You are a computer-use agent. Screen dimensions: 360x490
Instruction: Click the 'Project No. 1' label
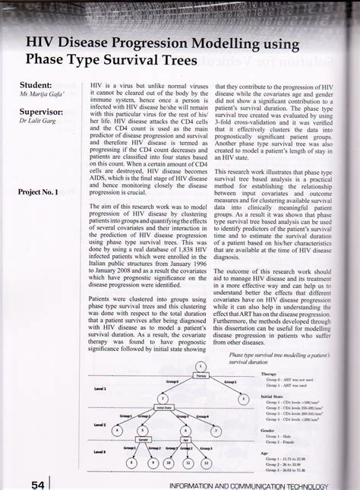pyautogui.click(x=38, y=193)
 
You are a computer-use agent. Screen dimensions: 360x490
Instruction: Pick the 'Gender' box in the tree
pyautogui.click(x=144, y=439)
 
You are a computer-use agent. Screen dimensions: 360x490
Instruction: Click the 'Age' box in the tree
pyautogui.click(x=186, y=439)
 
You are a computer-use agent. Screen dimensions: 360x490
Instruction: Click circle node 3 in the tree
pyautogui.click(x=243, y=398)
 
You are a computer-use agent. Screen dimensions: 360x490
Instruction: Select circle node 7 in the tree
pyautogui.click(x=215, y=430)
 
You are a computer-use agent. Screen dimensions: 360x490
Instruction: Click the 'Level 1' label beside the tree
pyautogui.click(x=100, y=387)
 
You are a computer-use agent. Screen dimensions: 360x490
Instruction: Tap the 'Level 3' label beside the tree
pyautogui.click(x=100, y=451)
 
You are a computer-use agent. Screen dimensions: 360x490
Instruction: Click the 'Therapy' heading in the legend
pyautogui.click(x=269, y=375)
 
